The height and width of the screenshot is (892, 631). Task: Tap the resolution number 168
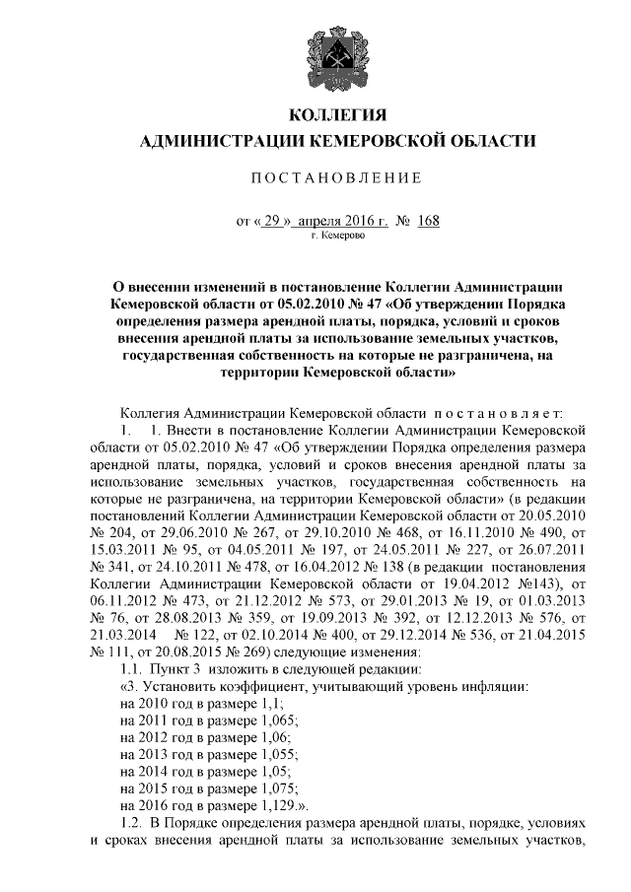click(428, 221)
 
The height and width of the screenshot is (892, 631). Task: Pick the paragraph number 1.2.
click(129, 821)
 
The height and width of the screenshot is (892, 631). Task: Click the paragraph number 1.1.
click(129, 670)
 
